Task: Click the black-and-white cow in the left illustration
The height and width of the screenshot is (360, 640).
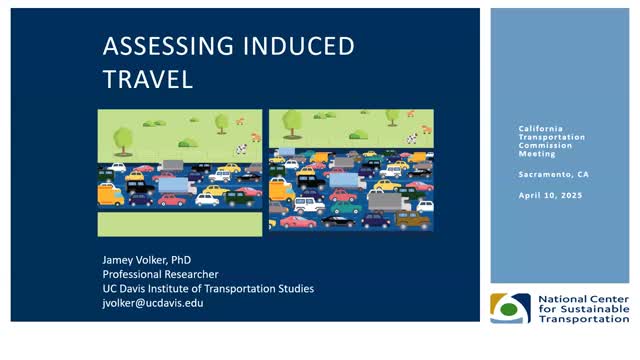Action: pos(240,149)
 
